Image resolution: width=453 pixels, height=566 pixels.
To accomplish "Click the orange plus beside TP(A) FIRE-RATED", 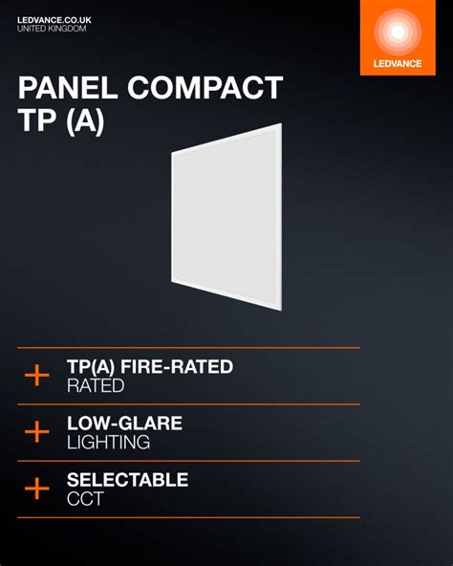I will [36, 376].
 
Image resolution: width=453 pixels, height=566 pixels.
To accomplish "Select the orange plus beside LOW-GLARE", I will [36, 432].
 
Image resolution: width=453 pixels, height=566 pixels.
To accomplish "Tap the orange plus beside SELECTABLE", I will [36, 490].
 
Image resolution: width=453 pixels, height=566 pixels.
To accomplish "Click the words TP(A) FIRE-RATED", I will [149, 367].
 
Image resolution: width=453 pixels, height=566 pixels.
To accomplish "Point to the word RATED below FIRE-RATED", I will [96, 386].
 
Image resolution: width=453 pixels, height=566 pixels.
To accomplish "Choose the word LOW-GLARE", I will [124, 424].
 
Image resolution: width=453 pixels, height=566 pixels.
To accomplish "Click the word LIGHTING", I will [108, 443].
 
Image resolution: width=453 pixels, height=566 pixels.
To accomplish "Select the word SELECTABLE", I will [127, 480].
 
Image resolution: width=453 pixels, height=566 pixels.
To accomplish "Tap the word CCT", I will [84, 499].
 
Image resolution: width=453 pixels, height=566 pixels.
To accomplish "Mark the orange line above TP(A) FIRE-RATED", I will [188, 348].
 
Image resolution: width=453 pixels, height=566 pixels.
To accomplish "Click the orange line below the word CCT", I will [188, 518].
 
